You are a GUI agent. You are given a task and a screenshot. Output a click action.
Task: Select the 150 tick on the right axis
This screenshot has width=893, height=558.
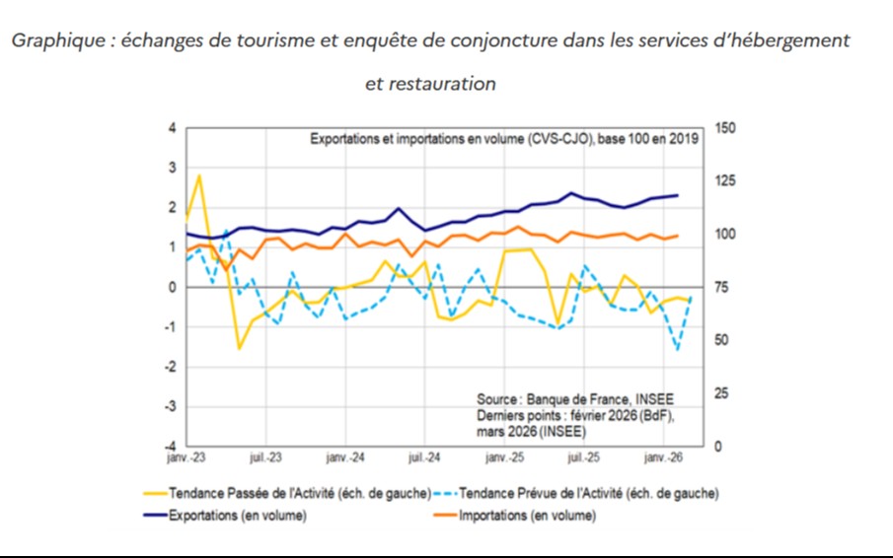point(724,129)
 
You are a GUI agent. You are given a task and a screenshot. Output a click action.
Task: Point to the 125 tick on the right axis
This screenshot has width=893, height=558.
point(724,182)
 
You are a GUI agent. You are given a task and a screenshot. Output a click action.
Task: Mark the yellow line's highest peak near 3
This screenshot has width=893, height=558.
point(199,175)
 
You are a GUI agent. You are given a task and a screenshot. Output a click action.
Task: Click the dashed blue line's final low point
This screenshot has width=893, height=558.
point(678,349)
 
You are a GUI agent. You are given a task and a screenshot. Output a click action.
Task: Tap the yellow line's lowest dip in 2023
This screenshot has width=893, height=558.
point(239,348)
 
